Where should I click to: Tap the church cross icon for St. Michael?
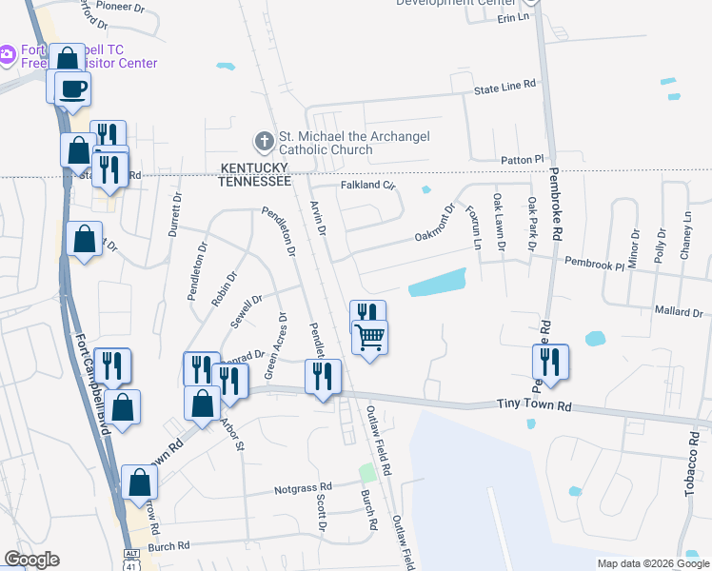click(264, 143)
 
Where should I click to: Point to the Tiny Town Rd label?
click(533, 405)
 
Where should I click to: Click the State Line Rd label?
click(505, 86)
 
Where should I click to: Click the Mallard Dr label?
click(678, 311)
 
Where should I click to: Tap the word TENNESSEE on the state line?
click(254, 181)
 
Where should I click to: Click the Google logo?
click(31, 560)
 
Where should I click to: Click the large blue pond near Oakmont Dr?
click(437, 282)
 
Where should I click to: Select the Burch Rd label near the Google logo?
click(169, 546)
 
